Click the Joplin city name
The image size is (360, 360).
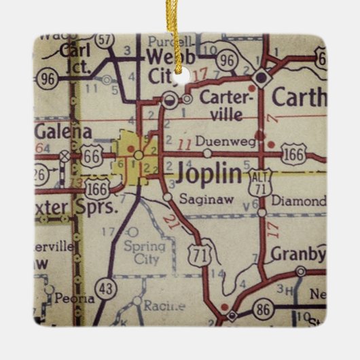209,175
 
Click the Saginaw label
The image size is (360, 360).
199,198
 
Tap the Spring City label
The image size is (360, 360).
143,252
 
